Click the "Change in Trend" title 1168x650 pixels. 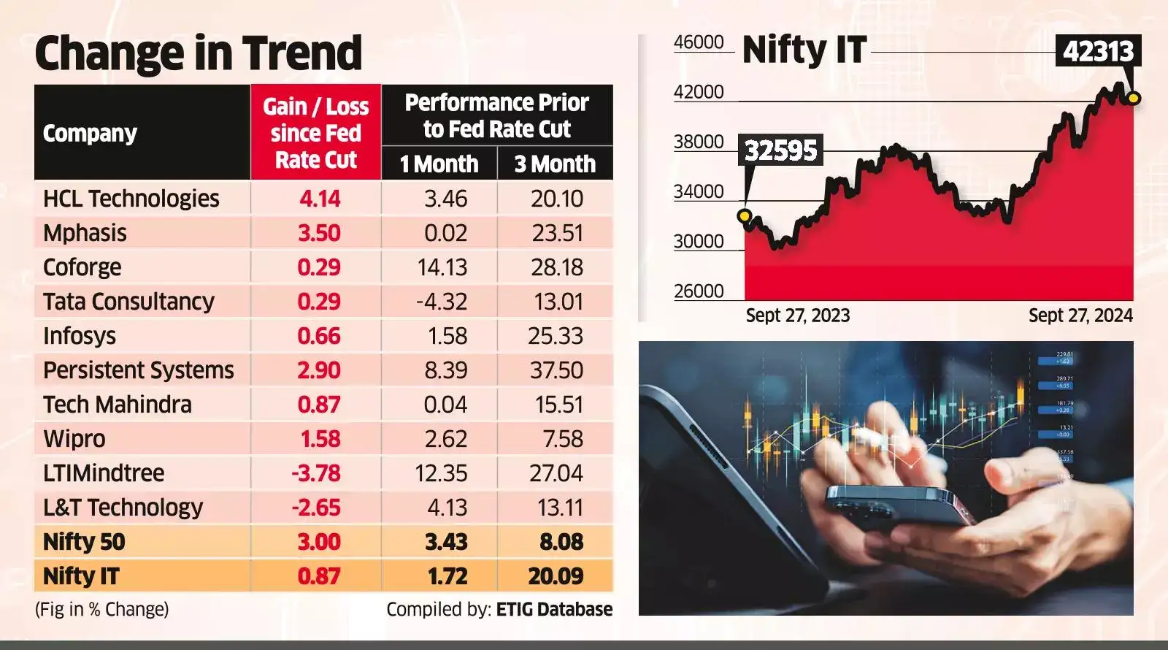pyautogui.click(x=198, y=53)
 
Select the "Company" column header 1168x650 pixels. pyautogui.click(x=90, y=134)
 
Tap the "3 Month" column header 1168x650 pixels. pyautogui.click(x=555, y=164)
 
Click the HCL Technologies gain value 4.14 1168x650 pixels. pyautogui.click(x=319, y=199)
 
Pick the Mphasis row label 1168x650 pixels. pyautogui.click(x=85, y=233)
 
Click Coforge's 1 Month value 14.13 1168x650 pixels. pyautogui.click(x=442, y=267)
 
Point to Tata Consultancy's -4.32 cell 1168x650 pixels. pyautogui.click(x=441, y=302)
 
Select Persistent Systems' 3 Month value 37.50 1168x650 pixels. pyautogui.click(x=556, y=370)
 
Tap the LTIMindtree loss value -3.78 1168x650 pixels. pyautogui.click(x=316, y=473)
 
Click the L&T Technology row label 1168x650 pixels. pyautogui.click(x=123, y=508)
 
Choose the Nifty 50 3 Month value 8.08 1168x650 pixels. pyautogui.click(x=561, y=542)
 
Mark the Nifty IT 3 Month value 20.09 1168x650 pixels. pyautogui.click(x=556, y=576)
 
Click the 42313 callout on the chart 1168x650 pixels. pyautogui.click(x=1098, y=52)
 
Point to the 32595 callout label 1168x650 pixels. pyautogui.click(x=780, y=150)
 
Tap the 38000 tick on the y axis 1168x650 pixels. pyautogui.click(x=699, y=142)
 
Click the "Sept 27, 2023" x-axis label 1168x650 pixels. pyautogui.click(x=798, y=316)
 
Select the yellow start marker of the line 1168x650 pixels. pyautogui.click(x=744, y=215)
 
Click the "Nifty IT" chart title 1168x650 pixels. pyautogui.click(x=804, y=50)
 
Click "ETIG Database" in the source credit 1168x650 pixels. pyautogui.click(x=554, y=609)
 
